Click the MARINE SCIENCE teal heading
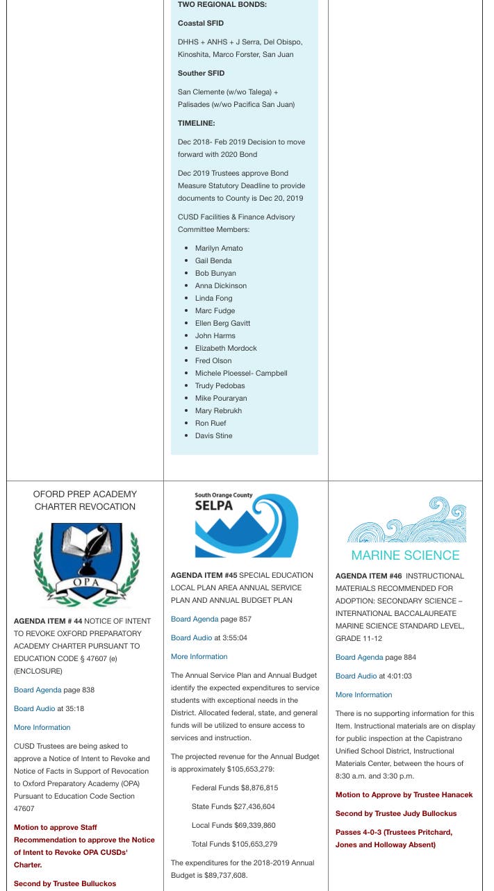pos(405,555)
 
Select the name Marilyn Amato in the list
pos(219,248)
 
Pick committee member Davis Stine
pos(213,435)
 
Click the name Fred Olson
pos(213,360)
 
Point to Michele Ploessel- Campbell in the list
pos(240,373)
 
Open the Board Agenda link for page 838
pos(37,690)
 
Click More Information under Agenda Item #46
pos(363,694)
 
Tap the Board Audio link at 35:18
pos(34,708)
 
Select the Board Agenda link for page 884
pos(359,657)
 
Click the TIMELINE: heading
pos(196,123)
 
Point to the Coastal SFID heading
pos(200,23)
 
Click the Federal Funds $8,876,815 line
pos(234,788)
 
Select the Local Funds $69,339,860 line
pos(233,825)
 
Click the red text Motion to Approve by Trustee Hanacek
pos(404,794)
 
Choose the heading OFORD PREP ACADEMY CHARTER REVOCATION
pos(85,500)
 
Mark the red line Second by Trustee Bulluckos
pos(65,883)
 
